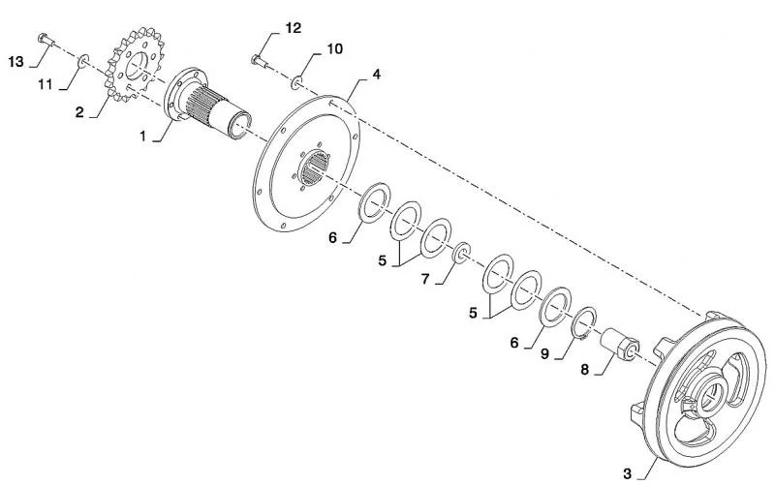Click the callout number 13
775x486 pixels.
pos(15,62)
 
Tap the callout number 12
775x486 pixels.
pos(293,28)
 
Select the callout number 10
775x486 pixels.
pos(334,49)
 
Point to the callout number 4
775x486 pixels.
pos(377,75)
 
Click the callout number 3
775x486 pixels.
pos(627,474)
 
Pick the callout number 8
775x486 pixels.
pos(585,370)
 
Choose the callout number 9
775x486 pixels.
pos(544,354)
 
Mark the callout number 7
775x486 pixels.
pos(425,279)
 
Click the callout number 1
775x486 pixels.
pos(142,136)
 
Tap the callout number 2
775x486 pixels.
pos(79,112)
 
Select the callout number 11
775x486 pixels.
pos(45,85)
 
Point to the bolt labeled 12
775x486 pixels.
pos(260,61)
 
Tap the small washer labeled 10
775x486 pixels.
pos(296,82)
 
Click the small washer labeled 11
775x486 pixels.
pos(83,61)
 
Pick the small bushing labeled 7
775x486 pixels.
pos(462,253)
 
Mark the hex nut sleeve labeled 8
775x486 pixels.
pos(620,344)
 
